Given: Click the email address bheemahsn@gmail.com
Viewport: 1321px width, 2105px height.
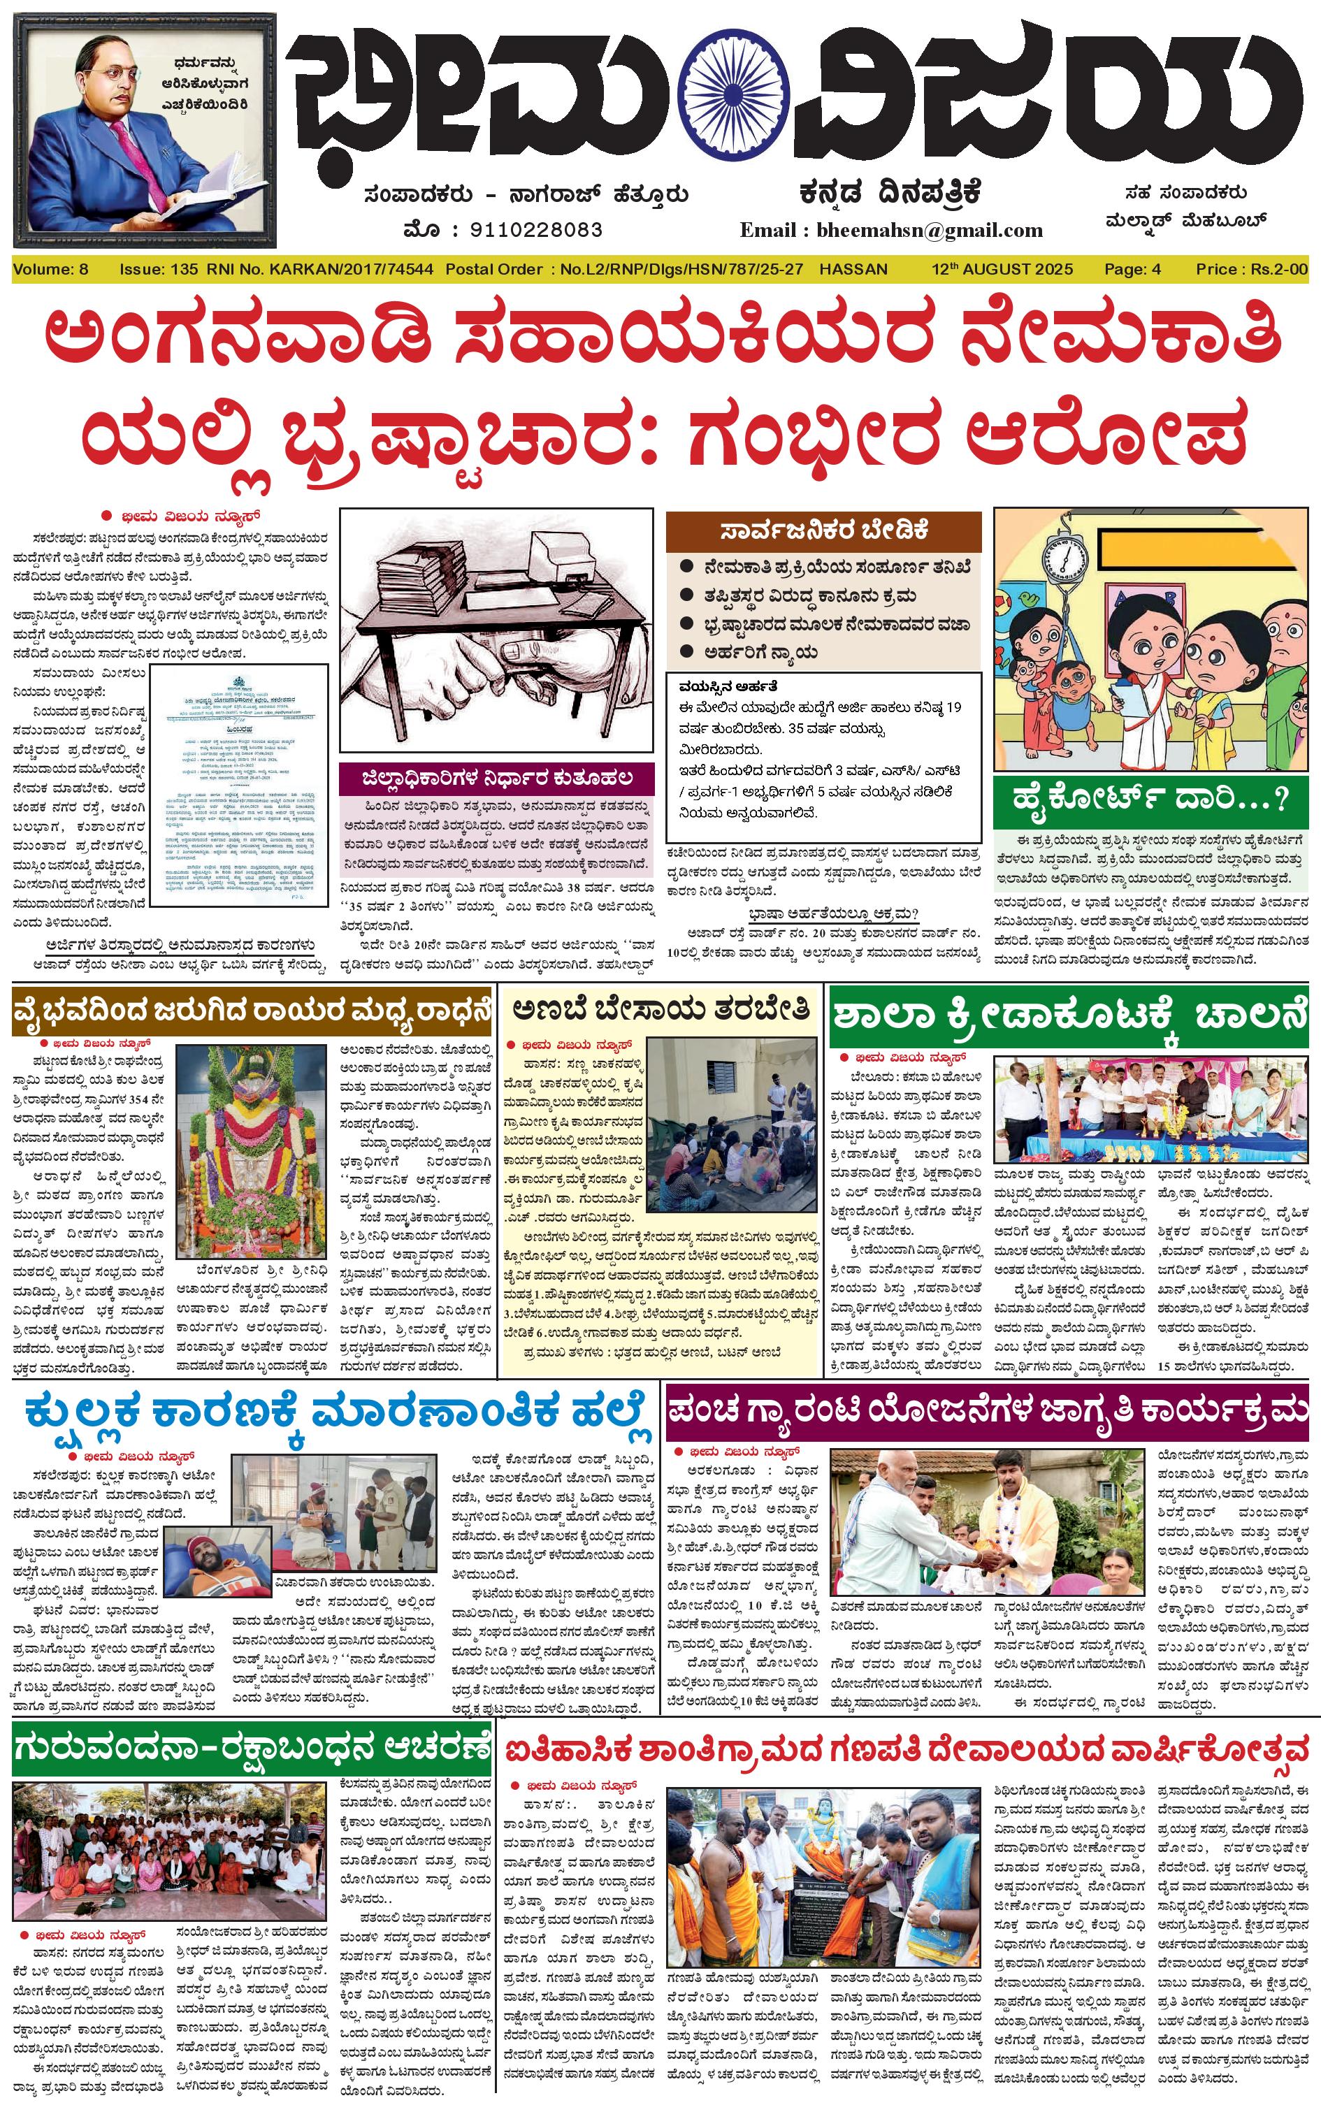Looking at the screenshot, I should coord(929,231).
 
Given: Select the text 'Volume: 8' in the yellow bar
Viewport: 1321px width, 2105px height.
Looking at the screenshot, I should coord(50,269).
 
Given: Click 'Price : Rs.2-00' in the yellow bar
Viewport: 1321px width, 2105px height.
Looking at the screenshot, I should coord(1251,269).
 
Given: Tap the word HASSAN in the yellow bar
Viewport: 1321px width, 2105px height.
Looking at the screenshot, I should coord(853,269).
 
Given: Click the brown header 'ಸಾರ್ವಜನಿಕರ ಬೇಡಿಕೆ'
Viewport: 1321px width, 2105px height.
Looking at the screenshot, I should coord(823,530).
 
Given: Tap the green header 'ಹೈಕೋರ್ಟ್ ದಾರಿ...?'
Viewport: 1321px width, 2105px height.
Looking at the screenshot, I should coord(1150,797).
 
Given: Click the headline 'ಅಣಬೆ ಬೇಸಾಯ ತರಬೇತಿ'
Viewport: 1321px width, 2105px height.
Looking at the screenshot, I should coord(661,1010).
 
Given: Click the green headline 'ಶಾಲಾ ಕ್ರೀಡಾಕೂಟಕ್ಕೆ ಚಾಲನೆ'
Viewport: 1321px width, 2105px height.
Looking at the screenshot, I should coord(1068,1015).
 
